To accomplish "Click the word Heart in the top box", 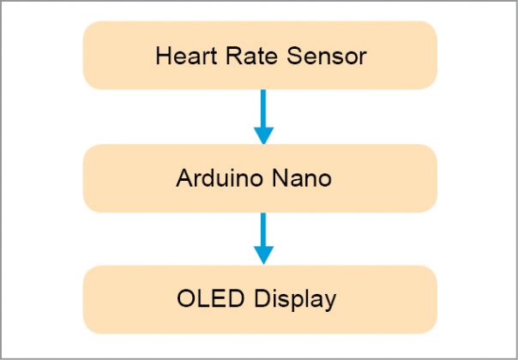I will click(181, 57).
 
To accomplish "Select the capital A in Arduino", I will click(184, 180).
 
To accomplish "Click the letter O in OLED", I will click(185, 300).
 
